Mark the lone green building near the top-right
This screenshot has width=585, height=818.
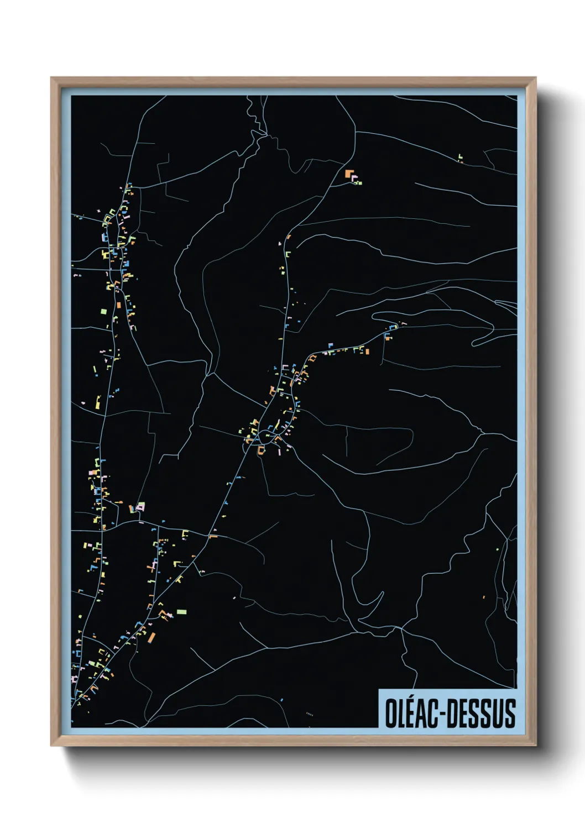coord(460,158)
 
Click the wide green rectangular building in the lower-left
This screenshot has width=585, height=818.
coord(181,612)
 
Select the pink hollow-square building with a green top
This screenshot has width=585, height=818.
coord(140,506)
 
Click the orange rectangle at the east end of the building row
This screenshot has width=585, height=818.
coord(367,351)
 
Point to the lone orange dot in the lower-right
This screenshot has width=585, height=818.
coord(484,597)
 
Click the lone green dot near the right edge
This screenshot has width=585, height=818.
coord(498,549)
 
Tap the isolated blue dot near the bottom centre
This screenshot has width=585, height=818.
coord(281,700)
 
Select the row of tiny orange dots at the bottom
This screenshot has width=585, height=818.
coord(310,714)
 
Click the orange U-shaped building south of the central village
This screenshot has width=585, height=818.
coord(262,450)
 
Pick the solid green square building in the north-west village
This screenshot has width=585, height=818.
coord(103,311)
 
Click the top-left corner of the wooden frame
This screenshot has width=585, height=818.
coord(52,78)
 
